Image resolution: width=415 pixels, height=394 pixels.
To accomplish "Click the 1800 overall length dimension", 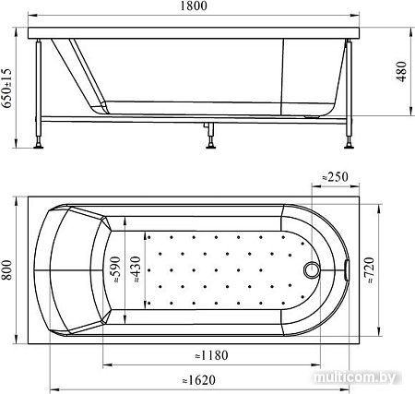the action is pyautogui.click(x=194, y=6).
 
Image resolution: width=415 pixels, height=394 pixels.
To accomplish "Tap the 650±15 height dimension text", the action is pyautogui.click(x=6, y=88).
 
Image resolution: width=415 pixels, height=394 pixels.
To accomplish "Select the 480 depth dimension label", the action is pyautogui.click(x=401, y=72).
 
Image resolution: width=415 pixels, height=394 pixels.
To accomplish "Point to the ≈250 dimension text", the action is pyautogui.click(x=335, y=177).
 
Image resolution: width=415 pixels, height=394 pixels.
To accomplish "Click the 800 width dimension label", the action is pyautogui.click(x=6, y=270).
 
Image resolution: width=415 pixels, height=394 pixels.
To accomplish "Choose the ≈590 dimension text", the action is pyautogui.click(x=117, y=270).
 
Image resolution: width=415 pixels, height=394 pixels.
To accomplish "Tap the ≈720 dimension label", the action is pyautogui.click(x=370, y=270).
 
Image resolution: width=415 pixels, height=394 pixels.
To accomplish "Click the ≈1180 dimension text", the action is pyautogui.click(x=212, y=355).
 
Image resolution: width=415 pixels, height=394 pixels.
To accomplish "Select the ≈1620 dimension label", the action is pyautogui.click(x=199, y=380).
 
